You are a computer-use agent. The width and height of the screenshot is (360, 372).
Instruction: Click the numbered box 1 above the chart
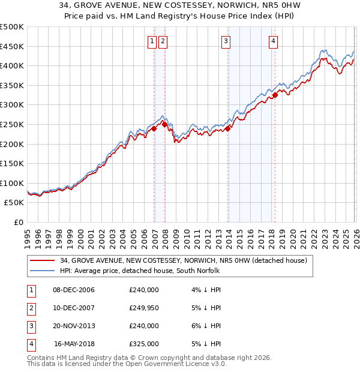click(152, 41)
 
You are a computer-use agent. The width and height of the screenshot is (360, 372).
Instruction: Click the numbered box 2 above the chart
click(163, 41)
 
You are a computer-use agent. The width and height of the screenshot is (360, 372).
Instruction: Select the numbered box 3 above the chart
click(226, 41)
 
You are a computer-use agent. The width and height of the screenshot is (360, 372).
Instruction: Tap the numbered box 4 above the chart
click(273, 41)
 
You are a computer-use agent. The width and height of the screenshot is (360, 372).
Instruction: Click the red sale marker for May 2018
click(275, 95)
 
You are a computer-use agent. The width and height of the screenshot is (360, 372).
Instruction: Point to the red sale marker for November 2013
click(228, 128)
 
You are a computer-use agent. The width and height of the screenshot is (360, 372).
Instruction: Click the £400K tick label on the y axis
click(12, 66)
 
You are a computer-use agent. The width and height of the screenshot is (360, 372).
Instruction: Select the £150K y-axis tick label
click(12, 164)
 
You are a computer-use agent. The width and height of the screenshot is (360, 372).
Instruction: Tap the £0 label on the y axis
click(18, 223)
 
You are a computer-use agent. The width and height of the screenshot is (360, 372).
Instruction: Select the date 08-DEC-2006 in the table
click(74, 290)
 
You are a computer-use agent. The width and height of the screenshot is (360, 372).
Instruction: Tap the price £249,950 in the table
click(144, 308)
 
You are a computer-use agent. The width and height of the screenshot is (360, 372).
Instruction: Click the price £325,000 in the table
click(144, 344)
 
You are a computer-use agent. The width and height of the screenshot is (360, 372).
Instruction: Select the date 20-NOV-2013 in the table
click(74, 326)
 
